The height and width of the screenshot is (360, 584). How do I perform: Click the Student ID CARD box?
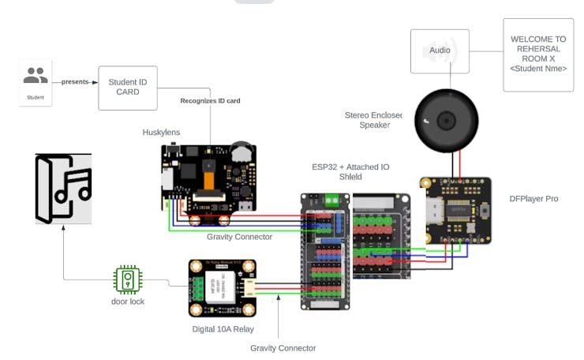(x=127, y=88)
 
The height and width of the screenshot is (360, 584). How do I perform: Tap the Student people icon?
(x=35, y=77)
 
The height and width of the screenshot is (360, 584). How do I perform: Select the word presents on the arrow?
(x=75, y=81)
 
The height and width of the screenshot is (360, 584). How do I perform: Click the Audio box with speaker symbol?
(x=440, y=51)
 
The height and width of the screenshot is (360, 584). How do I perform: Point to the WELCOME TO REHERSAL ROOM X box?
(x=538, y=54)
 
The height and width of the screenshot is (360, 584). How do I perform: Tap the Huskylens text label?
(x=161, y=132)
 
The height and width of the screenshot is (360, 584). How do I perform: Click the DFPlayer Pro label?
(x=533, y=199)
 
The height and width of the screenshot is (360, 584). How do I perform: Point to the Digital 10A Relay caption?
(x=223, y=328)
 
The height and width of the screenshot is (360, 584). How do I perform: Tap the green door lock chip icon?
(x=127, y=279)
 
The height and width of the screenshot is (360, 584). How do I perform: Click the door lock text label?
(x=127, y=302)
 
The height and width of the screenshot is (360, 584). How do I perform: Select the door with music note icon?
(x=63, y=189)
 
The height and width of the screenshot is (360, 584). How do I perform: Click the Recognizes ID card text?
(x=210, y=101)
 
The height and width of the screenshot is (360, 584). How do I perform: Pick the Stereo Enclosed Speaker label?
(x=373, y=120)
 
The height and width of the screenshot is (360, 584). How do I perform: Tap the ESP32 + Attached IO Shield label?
(x=350, y=171)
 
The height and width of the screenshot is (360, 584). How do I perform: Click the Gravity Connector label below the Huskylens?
(x=239, y=237)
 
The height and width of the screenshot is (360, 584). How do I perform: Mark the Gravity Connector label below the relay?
(x=283, y=348)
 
